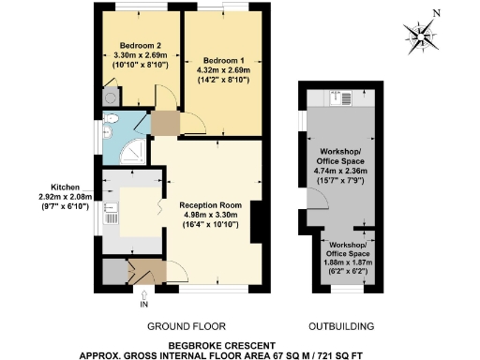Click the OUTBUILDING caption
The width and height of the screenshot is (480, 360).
coord(342,327)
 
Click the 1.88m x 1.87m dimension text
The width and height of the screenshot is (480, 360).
coord(348,263)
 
